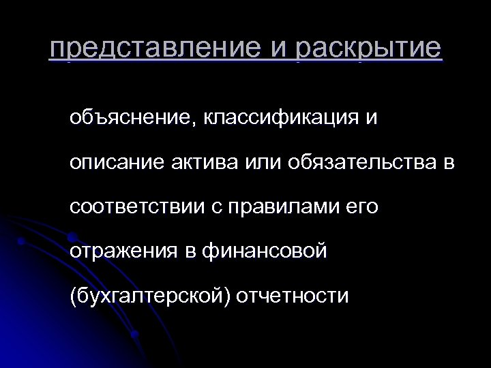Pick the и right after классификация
coord(370,119)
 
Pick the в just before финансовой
coord(192,252)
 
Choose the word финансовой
coord(267,252)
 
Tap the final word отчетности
coord(293,296)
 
